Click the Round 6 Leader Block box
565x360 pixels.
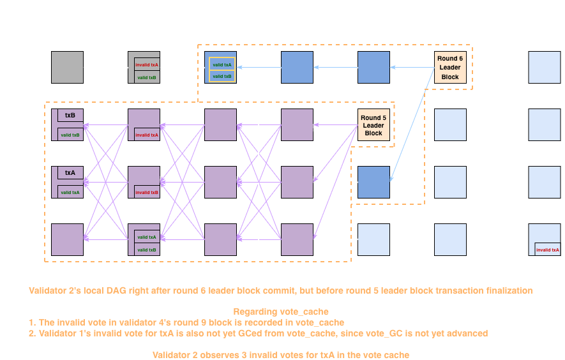pos(450,68)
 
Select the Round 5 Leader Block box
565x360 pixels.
pos(373,125)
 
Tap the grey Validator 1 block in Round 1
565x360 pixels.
pos(67,68)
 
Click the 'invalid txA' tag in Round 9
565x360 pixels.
pos(547,250)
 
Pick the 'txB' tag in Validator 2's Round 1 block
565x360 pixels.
pos(70,116)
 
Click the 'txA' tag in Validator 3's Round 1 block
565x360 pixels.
pos(70,173)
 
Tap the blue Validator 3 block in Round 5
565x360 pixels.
pos(373,183)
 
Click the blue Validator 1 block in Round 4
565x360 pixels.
pos(298,68)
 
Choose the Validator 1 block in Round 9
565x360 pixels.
pos(545,68)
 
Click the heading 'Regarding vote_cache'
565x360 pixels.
pos(282,311)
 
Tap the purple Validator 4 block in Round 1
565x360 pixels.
pos(67,240)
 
